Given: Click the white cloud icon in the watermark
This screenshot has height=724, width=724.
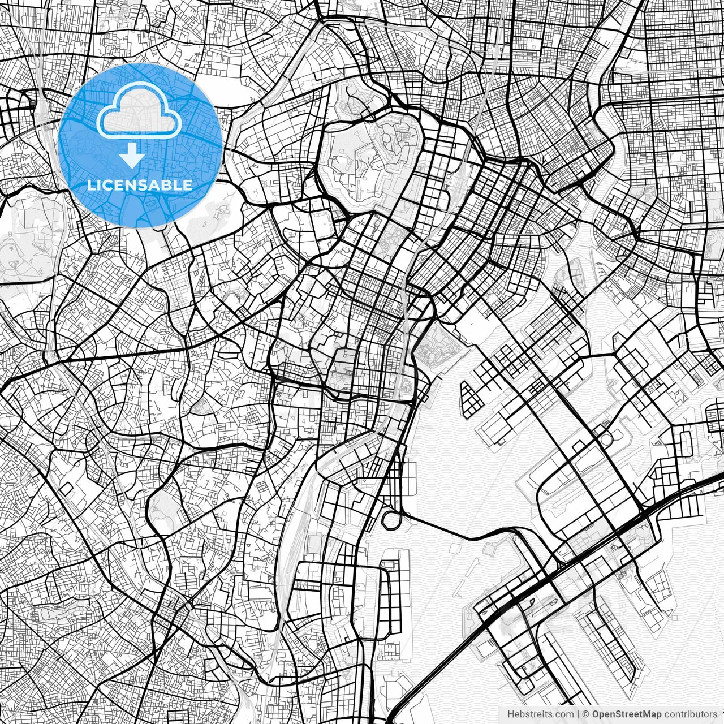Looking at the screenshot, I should coord(139,110).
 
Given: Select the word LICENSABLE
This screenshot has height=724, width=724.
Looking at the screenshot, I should coord(139,185).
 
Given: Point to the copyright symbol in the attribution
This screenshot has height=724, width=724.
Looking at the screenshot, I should coord(586,714).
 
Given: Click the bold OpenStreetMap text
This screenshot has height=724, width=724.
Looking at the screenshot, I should coord(627,714).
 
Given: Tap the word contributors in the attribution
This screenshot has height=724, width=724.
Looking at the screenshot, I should coord(691,714).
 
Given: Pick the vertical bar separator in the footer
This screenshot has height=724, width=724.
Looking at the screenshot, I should coord(578,714).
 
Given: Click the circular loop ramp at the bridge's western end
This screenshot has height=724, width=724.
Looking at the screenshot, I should coord(391,519).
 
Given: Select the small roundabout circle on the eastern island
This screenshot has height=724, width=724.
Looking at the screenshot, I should coord(605,439).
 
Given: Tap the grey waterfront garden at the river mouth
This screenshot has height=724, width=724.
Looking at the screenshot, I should coord(437,347).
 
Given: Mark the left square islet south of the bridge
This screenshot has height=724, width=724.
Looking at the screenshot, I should coord(456,548).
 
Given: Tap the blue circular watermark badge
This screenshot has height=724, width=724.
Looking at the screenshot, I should coord(140,145).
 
